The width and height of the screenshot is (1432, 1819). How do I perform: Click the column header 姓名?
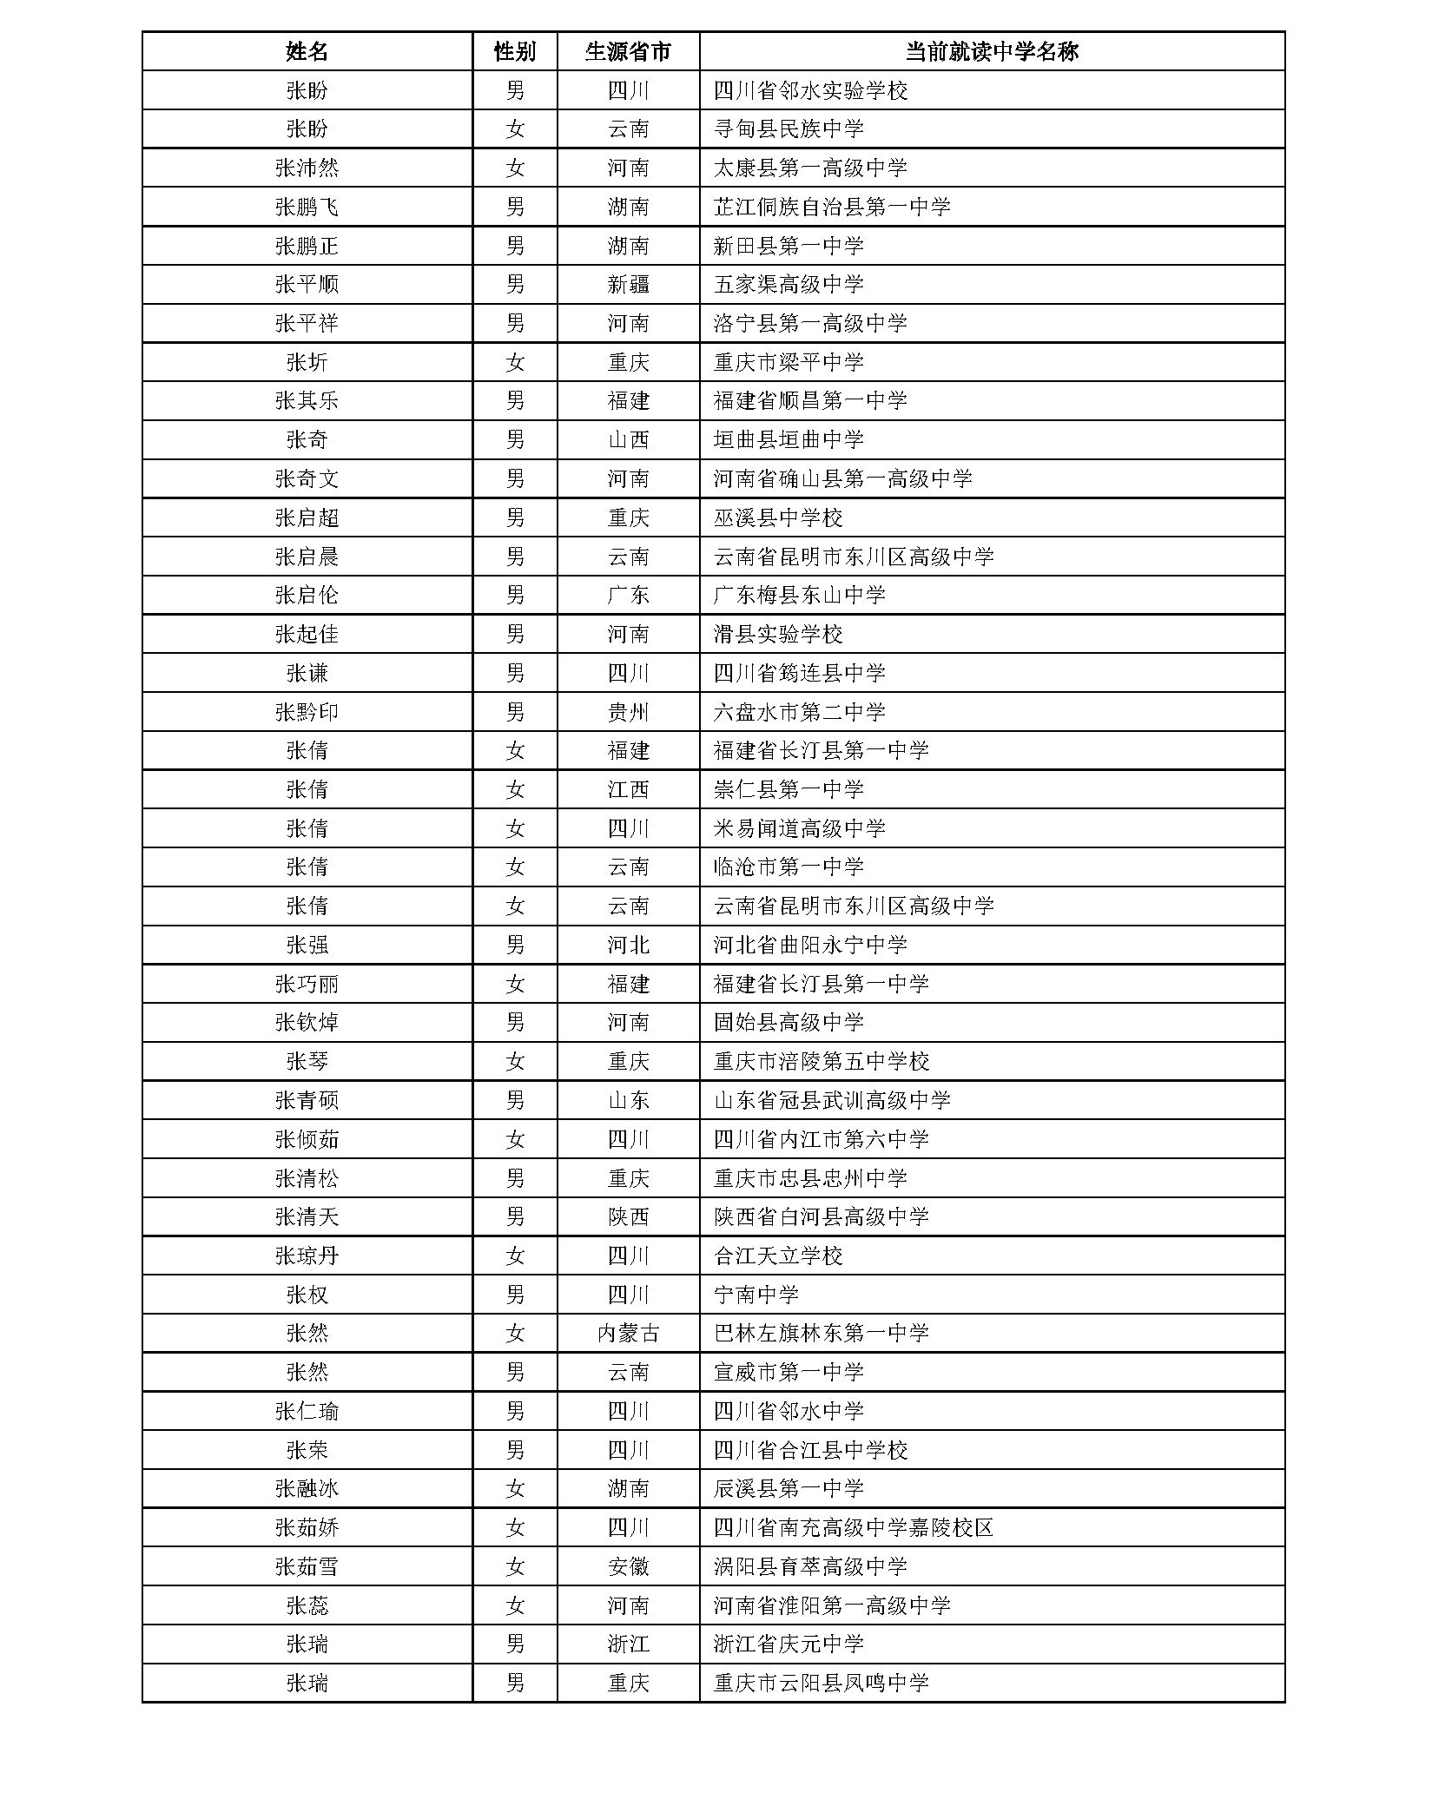tap(307, 51)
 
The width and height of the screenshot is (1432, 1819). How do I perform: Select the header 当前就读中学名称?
tap(991, 51)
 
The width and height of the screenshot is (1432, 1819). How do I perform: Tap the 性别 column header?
tap(514, 51)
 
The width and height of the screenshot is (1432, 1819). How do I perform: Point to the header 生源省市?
tap(628, 51)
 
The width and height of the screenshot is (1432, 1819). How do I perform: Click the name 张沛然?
tap(307, 168)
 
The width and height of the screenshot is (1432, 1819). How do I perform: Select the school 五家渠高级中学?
tap(789, 284)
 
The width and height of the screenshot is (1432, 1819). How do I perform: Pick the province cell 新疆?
tap(628, 284)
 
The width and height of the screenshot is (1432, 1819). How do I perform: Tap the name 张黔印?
tap(307, 712)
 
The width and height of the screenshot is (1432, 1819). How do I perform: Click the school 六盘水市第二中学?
tap(799, 712)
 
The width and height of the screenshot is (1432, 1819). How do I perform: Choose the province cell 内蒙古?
tap(628, 1333)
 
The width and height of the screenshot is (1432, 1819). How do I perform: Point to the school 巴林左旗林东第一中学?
tap(821, 1333)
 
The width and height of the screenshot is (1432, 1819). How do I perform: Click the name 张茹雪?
tap(307, 1566)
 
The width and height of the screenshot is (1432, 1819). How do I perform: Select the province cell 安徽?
tap(628, 1566)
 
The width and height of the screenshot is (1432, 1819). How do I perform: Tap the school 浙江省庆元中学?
tap(789, 1644)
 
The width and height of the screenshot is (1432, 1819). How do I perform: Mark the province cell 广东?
tap(628, 595)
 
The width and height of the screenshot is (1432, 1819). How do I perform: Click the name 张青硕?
tap(307, 1100)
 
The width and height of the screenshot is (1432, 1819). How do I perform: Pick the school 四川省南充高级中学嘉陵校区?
tap(853, 1527)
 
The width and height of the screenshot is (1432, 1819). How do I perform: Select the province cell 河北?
tap(628, 945)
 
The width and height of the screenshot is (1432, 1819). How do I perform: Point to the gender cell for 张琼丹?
tap(514, 1256)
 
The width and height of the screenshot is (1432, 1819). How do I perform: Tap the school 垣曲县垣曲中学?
tap(789, 439)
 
